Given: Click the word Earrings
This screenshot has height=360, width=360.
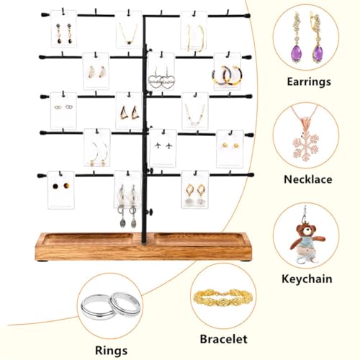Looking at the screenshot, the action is pyautogui.click(x=309, y=82).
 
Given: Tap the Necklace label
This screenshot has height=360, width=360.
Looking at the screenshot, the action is pyautogui.click(x=308, y=179).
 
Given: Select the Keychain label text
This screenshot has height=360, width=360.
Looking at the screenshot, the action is pyautogui.click(x=307, y=279).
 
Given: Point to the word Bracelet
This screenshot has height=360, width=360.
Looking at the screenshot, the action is pyautogui.click(x=223, y=339).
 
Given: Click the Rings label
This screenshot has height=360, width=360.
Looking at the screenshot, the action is pyautogui.click(x=111, y=351).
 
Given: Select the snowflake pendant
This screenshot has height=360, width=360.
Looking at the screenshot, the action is pyautogui.click(x=305, y=147).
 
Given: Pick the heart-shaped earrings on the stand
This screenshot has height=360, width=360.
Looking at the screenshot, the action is pyautogui.click(x=161, y=81).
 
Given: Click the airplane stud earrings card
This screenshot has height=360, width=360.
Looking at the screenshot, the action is pyautogui.click(x=163, y=148).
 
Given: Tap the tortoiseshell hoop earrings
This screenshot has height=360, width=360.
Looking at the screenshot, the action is pyautogui.click(x=227, y=75).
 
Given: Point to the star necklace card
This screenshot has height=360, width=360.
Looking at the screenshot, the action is pyautogui.click(x=129, y=30).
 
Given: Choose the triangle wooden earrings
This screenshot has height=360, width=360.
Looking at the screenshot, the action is pyautogui.click(x=130, y=112).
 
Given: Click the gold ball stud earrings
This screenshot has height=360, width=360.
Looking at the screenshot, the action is pyautogui.click(x=230, y=145).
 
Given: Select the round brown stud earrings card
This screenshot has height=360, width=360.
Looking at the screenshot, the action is pyautogui.click(x=60, y=190).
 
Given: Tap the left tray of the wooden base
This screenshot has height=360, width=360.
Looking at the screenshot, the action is pyautogui.click(x=88, y=239).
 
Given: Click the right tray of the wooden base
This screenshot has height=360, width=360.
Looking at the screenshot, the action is pyautogui.click(x=199, y=239).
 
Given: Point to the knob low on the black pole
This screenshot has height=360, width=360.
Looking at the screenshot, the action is pyautogui.click(x=150, y=212).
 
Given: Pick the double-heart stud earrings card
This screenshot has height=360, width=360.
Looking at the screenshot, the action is pyautogui.click(x=63, y=111).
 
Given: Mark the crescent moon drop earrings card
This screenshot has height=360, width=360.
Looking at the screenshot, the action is pyautogui.click(x=96, y=148).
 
